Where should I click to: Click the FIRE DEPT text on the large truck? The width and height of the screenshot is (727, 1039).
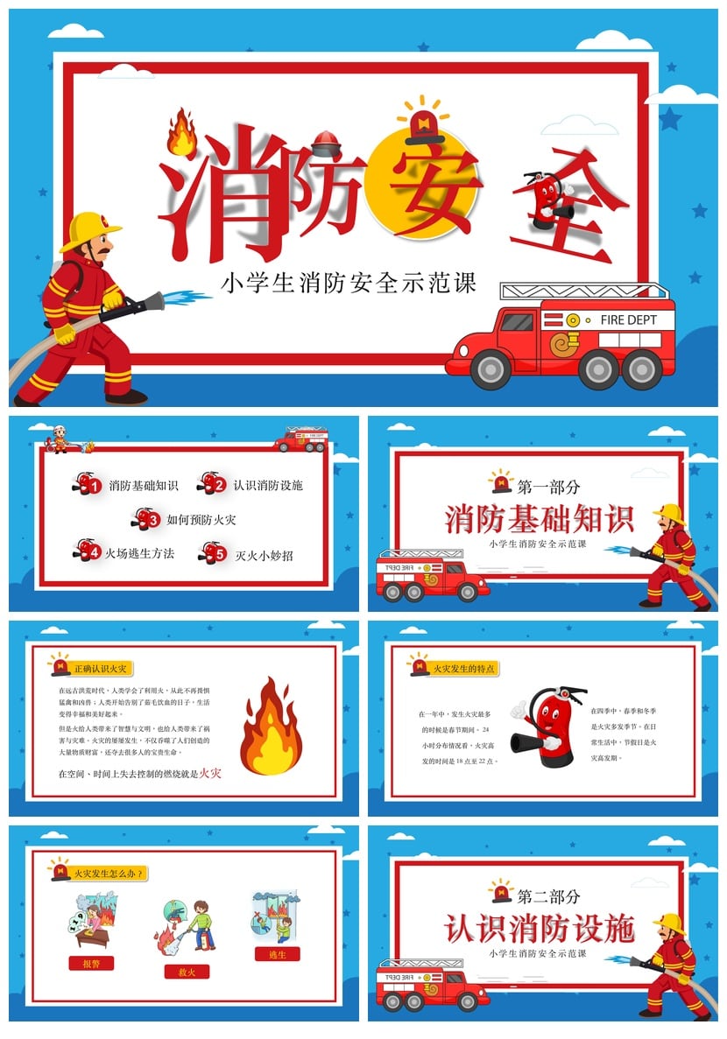tap(629, 320)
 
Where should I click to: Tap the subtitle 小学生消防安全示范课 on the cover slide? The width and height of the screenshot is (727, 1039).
tap(349, 284)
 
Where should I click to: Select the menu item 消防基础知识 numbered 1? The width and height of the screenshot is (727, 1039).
tap(144, 485)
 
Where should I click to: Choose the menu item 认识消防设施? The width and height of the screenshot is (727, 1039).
tap(268, 485)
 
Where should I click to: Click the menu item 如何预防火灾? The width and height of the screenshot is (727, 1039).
tap(201, 520)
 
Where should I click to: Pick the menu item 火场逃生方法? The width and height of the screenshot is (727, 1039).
tap(140, 553)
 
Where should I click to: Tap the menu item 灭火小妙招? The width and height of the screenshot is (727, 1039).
tap(264, 555)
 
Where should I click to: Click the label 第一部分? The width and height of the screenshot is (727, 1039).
tap(549, 487)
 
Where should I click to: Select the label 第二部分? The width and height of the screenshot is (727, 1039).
tap(549, 896)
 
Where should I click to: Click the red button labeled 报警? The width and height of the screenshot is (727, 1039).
tap(91, 963)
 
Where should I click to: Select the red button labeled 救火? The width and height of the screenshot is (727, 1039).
tap(187, 972)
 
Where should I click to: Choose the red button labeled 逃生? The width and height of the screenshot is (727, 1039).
tap(277, 954)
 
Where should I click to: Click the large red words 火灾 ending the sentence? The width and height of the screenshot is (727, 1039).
tap(210, 773)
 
